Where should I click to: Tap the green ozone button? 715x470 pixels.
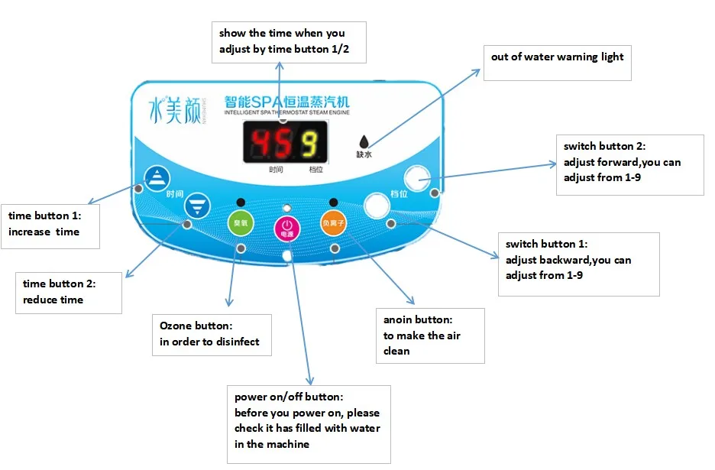240,224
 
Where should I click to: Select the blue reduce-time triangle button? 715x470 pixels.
196,206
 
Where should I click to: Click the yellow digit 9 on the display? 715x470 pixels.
309,143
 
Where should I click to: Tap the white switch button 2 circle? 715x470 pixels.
417,178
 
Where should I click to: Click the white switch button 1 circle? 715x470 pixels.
377,206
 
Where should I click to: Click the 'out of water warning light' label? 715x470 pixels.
558,58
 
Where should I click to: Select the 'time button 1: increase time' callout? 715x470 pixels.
50,225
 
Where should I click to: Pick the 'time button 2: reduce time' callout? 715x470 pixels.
69,292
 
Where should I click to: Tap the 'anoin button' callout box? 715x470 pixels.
431,335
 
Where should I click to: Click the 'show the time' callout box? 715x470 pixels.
288,42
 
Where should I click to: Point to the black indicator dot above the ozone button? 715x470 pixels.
241,203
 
